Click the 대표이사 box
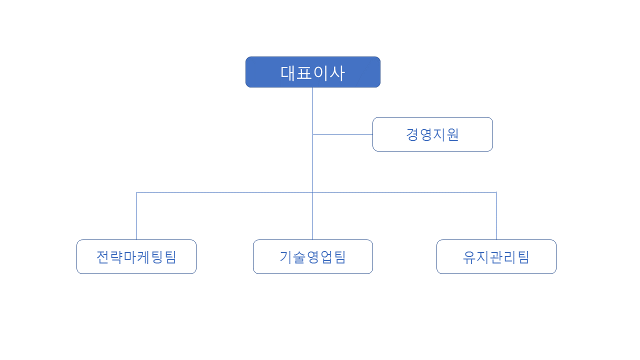pos(313,72)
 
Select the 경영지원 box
pos(432,134)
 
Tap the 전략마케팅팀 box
pos(136,257)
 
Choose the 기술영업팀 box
pos(313,257)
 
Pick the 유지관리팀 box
pos(496,257)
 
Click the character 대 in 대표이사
pos(287,73)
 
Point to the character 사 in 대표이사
pos(337,73)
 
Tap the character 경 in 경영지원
pos(412,134)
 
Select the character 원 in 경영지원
pos(453,134)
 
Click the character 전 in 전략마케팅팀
pos(102,257)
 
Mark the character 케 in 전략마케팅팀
pos(143,257)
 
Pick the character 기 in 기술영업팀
pos(285,257)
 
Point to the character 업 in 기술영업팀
pos(326,257)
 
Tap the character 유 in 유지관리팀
pos(469,257)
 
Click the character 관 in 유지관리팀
pos(496,257)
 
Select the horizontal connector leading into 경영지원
pos(342,134)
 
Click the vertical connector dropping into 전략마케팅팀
pos(137,216)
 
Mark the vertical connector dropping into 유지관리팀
pos(496,216)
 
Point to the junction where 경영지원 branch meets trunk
pos(313,134)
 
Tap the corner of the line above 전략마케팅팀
pos(137,192)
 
